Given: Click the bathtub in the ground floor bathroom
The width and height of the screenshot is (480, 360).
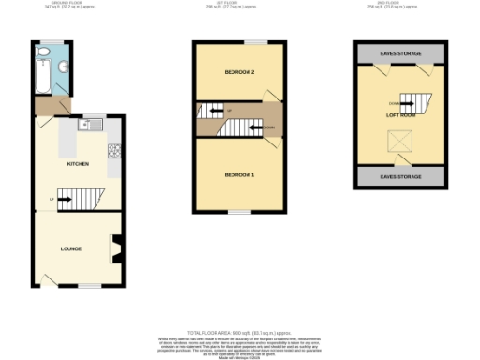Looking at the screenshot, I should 41,70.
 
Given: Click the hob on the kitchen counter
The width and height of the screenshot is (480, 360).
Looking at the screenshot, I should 114,150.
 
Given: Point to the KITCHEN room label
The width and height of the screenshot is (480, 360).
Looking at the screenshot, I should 78,164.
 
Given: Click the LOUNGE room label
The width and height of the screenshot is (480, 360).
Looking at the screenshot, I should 70,248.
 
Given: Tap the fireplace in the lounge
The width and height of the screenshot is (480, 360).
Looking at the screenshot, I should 116,249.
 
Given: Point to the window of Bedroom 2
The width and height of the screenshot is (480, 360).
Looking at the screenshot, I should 253,42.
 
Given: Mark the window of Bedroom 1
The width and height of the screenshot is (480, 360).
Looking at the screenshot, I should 239,212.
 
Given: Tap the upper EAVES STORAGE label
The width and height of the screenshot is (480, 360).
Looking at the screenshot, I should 400,54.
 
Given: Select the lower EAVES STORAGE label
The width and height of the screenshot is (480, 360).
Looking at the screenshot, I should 400,175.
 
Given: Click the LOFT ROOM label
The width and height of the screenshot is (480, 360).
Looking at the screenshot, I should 400,115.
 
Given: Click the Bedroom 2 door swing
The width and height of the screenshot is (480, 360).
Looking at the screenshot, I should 271,95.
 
